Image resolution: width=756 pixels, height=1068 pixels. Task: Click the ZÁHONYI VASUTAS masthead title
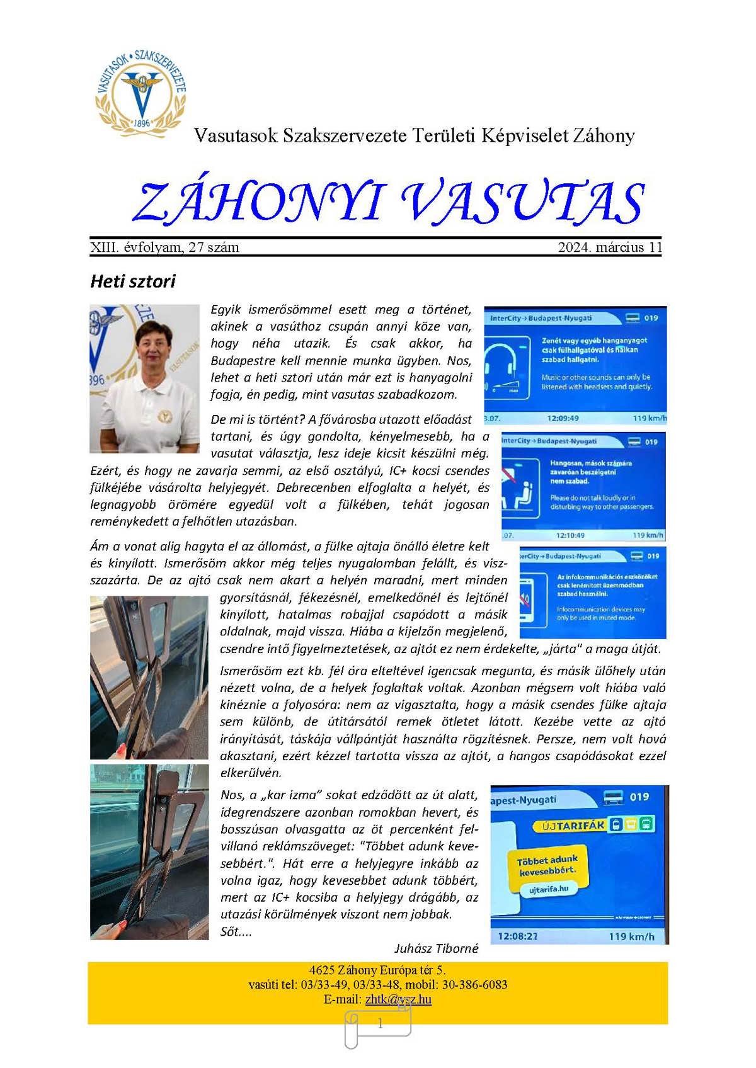tap(387, 203)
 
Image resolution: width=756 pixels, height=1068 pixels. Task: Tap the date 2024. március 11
tap(610, 247)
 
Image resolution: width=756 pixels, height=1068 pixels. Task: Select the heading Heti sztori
tap(133, 281)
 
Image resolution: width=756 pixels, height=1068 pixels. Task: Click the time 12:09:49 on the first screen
tap(563, 418)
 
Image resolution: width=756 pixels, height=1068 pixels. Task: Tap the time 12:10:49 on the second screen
tap(570, 535)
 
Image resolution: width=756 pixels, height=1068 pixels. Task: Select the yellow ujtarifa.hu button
tap(549, 889)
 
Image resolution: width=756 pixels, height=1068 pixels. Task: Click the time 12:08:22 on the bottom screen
tap(517, 936)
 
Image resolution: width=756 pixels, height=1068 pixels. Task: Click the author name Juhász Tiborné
tap(437, 948)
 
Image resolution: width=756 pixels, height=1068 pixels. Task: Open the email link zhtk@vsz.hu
tap(398, 999)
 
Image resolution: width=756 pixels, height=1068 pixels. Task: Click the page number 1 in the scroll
tap(380, 1025)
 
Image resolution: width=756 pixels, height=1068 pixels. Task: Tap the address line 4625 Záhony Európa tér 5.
tap(377, 970)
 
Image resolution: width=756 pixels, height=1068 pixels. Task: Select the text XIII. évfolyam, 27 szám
tap(165, 247)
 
